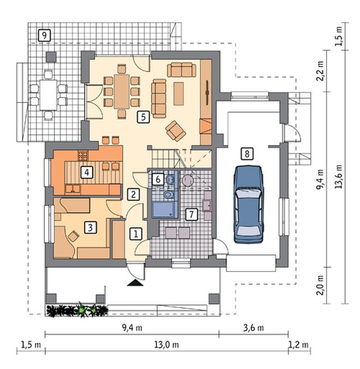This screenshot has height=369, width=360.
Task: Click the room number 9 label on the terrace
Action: click(44, 35)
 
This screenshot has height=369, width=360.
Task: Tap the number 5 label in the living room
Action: click(143, 117)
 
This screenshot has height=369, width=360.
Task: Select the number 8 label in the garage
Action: click(247, 154)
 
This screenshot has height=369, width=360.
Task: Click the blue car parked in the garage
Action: click(248, 204)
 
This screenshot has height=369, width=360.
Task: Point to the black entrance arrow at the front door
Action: click(135, 283)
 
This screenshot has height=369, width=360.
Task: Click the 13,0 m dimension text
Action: click(167, 345)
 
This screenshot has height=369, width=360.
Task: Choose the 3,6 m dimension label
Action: click(253, 328)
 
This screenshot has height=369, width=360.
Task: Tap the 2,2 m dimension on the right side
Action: click(320, 71)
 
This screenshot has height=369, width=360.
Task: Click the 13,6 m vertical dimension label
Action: click(339, 177)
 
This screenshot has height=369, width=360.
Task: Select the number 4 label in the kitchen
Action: click(87, 172)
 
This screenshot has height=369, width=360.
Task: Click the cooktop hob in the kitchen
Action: click(83, 156)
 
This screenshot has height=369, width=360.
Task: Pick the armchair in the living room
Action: click(176, 131)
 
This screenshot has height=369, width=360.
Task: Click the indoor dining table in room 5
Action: click(122, 92)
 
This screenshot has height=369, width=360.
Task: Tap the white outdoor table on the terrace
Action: click(48, 95)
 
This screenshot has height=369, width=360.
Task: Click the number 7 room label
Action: click(191, 214)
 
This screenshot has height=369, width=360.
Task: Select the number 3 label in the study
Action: click(91, 227)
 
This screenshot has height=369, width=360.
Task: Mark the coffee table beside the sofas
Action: click(178, 94)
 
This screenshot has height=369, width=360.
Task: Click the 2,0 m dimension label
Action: click(320, 285)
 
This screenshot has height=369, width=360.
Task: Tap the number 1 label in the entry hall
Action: click(136, 234)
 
